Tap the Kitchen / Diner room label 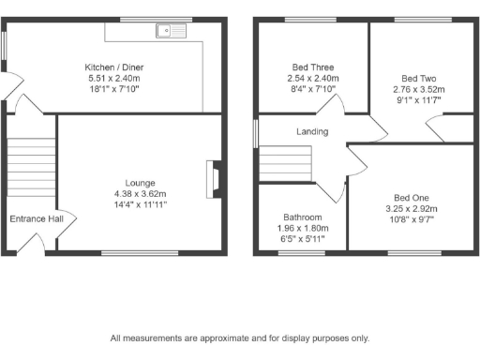click(113, 67)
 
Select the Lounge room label click(141, 183)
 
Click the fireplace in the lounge click(214, 177)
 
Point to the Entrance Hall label click(37, 219)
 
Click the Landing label click(313, 132)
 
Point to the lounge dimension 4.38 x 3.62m click(141, 194)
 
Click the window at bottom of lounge click(127, 251)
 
